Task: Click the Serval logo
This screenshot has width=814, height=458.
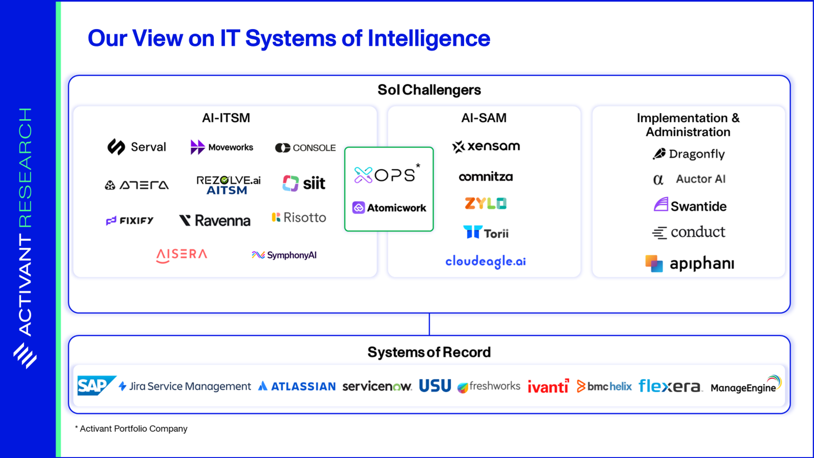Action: tap(137, 147)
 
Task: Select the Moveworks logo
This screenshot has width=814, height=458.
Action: tap(222, 147)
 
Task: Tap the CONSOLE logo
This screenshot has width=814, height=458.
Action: tap(305, 148)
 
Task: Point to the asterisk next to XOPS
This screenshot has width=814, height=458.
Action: tap(418, 166)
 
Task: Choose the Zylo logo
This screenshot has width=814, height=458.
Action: tap(485, 203)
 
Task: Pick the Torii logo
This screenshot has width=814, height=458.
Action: tap(486, 233)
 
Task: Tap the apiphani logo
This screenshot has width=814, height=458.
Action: tap(690, 263)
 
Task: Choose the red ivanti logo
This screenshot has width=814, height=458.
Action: tap(548, 386)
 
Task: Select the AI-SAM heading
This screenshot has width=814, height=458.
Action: tap(484, 118)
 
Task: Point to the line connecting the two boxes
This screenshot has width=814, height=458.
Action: tap(429, 324)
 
